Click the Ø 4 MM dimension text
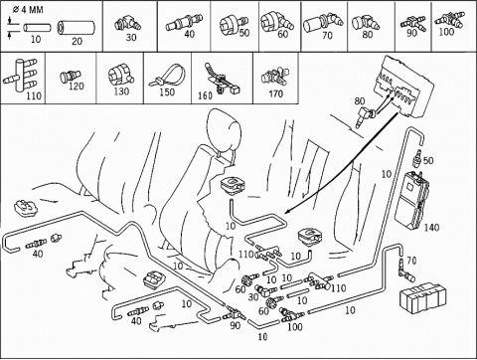pos(28,10)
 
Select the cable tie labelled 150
pos(167,77)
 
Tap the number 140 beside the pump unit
pos(431,228)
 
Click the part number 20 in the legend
pos(77,42)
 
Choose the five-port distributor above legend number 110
pos(20,75)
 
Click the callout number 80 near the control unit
pos(360,101)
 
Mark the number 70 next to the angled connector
pos(411,261)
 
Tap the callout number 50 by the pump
pos(428,161)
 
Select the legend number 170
pos(275,94)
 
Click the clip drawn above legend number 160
pos(221,79)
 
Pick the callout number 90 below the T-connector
pos(235,325)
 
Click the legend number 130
pos(121,91)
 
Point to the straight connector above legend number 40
pos(184,22)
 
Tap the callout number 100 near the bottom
pos(295,327)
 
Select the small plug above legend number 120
pos(70,78)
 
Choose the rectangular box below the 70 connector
pos(421,298)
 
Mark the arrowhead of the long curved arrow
pos(287,212)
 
